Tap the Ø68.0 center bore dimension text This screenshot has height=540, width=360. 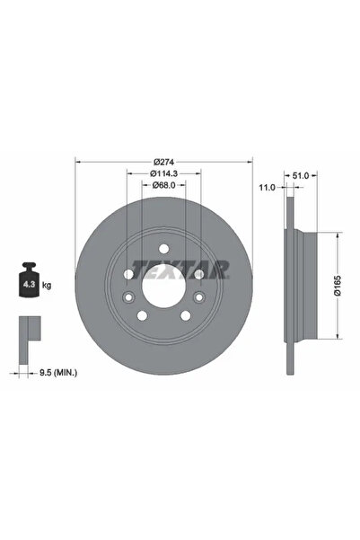[163, 186]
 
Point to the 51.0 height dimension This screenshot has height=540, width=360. [302, 176]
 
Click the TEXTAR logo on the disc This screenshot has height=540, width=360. [180, 269]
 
